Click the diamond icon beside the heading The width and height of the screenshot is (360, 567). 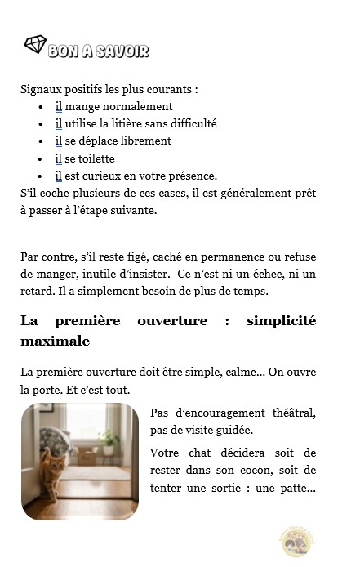[x=34, y=46]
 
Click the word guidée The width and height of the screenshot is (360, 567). [x=233, y=430]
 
